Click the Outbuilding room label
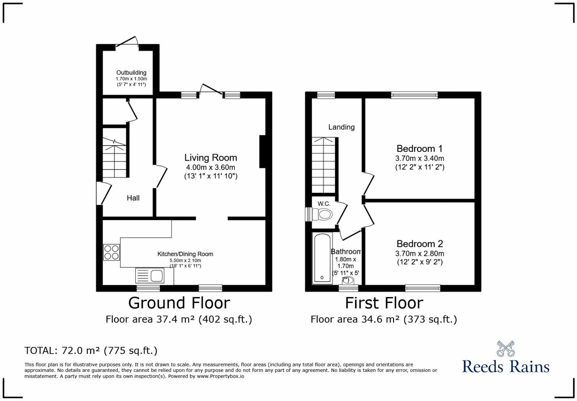tap(131, 73)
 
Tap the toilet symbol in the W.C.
tap(322, 215)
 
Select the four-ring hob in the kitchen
tap(111, 252)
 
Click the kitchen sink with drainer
tap(150, 276)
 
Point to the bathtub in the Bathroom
tap(322, 258)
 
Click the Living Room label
tap(211, 158)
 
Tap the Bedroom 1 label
tap(420, 149)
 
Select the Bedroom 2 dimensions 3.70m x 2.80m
tap(420, 254)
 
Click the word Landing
tap(341, 127)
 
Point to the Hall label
tap(133, 198)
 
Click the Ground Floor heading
tap(179, 303)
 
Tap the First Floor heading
tap(384, 303)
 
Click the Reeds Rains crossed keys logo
tap(505, 349)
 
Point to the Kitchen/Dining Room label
tap(185, 254)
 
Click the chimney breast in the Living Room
tap(262, 152)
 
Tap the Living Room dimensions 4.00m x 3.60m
tap(211, 167)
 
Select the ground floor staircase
tap(115, 157)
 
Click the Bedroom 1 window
tap(414, 95)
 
